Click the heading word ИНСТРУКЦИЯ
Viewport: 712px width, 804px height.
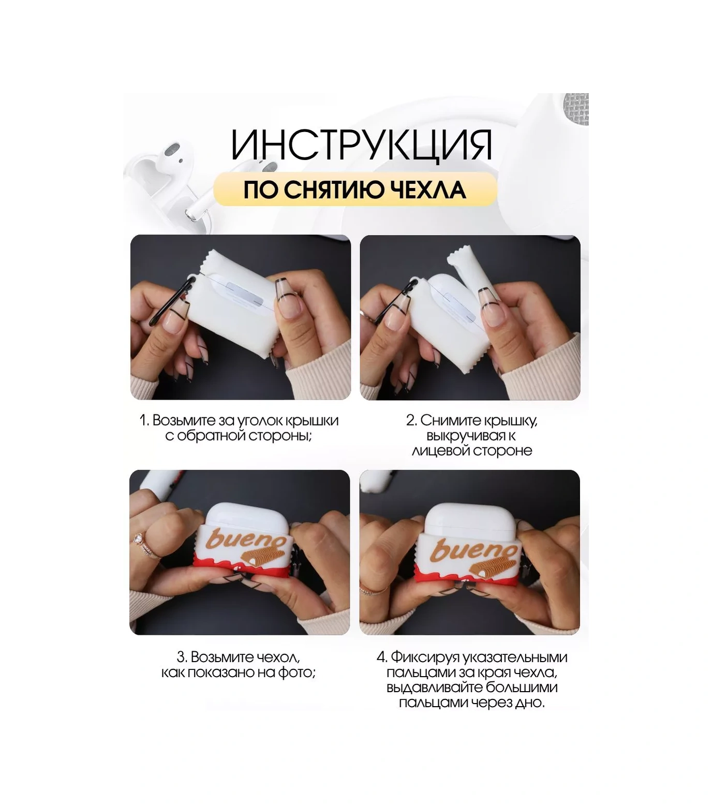(361, 144)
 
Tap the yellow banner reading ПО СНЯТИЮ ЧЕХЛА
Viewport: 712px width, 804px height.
(355, 189)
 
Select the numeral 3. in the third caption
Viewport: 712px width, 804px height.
(182, 657)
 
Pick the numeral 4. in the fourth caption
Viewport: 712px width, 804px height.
(382, 657)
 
